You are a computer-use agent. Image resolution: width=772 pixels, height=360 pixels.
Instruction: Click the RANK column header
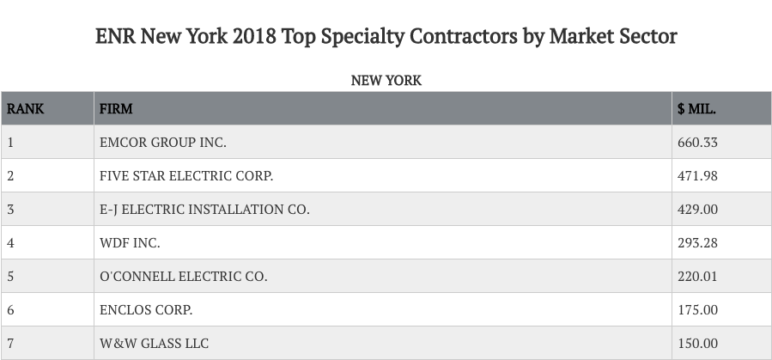pyautogui.click(x=26, y=109)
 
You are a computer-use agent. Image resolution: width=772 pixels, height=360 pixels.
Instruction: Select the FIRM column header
pyautogui.click(x=116, y=109)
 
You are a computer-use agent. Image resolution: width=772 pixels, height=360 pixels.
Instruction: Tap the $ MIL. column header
pyautogui.click(x=696, y=109)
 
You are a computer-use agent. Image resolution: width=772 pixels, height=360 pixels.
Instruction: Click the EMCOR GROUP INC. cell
pyautogui.click(x=163, y=143)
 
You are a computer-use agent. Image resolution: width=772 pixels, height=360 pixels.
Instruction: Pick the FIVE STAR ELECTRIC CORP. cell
pyautogui.click(x=186, y=176)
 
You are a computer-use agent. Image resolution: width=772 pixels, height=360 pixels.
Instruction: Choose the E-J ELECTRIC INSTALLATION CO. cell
pyautogui.click(x=204, y=210)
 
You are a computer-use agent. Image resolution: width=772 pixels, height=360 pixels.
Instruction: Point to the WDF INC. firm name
pyautogui.click(x=130, y=243)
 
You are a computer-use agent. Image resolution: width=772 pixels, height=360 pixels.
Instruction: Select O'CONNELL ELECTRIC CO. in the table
pyautogui.click(x=184, y=277)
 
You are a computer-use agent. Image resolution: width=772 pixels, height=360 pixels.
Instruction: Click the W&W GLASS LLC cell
pyautogui.click(x=154, y=344)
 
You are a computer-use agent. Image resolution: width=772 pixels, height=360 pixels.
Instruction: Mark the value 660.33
pyautogui.click(x=697, y=143)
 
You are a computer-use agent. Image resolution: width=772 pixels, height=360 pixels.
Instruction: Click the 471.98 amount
pyautogui.click(x=697, y=176)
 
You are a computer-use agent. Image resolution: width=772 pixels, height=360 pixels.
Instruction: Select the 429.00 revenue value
pyautogui.click(x=697, y=210)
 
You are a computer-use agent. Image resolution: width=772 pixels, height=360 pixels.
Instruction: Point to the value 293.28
pyautogui.click(x=697, y=243)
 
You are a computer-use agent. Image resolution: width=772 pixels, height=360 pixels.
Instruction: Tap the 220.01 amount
pyautogui.click(x=697, y=277)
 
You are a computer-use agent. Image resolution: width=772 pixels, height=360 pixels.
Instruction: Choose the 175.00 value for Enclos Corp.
pyautogui.click(x=697, y=310)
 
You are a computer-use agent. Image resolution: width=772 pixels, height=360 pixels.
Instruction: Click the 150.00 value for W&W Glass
pyautogui.click(x=697, y=344)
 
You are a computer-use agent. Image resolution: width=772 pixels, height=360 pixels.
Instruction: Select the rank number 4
pyautogui.click(x=10, y=243)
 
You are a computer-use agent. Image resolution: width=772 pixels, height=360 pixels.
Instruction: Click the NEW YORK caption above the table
pyautogui.click(x=386, y=80)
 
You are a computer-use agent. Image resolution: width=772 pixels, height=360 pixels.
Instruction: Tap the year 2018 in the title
pyautogui.click(x=256, y=37)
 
